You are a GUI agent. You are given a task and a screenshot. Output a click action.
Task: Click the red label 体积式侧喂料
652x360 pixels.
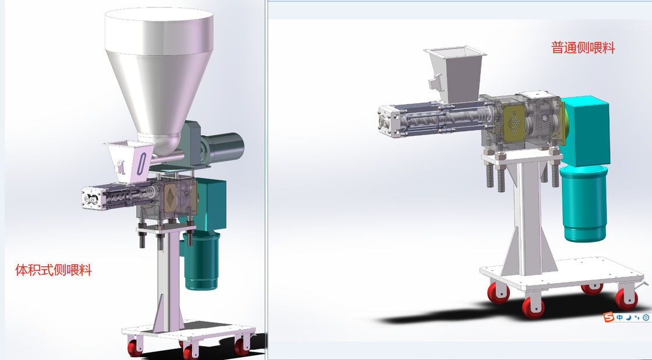pyautogui.click(x=53, y=270)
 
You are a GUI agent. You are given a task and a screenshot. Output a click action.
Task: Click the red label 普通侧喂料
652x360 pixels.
pyautogui.click(x=583, y=47)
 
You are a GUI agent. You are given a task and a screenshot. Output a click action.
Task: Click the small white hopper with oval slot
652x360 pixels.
pyautogui.click(x=130, y=161)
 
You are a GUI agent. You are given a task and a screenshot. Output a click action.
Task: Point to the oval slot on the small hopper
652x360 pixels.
pyautogui.click(x=142, y=164)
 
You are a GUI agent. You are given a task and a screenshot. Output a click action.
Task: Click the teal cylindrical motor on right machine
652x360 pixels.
pyautogui.click(x=583, y=203)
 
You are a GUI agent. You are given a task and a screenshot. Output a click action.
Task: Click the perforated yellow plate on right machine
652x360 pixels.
pyautogui.click(x=515, y=122)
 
